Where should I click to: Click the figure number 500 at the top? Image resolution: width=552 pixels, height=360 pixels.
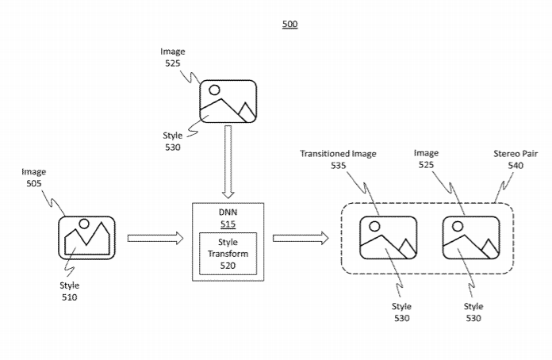[290, 25]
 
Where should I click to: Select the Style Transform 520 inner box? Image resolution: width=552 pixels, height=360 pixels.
[228, 254]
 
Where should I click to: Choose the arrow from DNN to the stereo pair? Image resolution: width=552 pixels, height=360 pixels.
[301, 237]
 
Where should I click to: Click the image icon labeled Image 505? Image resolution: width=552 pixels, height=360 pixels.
[86, 237]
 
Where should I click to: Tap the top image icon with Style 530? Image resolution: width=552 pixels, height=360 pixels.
[228, 101]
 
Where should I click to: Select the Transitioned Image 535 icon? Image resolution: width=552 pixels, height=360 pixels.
[387, 237]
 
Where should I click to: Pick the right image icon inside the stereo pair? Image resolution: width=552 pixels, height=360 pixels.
[470, 237]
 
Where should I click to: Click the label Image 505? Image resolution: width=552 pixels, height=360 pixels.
[33, 177]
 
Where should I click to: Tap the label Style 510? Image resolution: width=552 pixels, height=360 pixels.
[69, 291]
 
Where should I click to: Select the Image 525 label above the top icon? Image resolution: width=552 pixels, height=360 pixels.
[172, 57]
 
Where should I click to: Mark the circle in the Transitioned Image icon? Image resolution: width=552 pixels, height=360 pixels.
[374, 226]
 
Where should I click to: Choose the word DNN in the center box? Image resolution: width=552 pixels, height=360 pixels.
[228, 211]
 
